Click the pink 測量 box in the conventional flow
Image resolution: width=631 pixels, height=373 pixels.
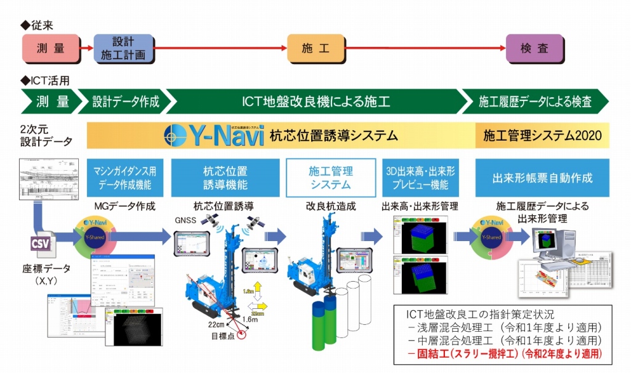[51, 49]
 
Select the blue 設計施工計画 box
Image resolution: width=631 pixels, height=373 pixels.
[123, 49]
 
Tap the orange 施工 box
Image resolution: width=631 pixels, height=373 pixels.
[315, 49]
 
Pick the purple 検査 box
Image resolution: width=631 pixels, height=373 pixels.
[534, 49]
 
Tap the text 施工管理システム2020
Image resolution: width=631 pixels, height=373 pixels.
[542, 136]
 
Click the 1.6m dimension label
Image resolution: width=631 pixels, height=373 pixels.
[251, 319]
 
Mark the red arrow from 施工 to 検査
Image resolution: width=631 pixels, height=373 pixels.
[425, 49]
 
